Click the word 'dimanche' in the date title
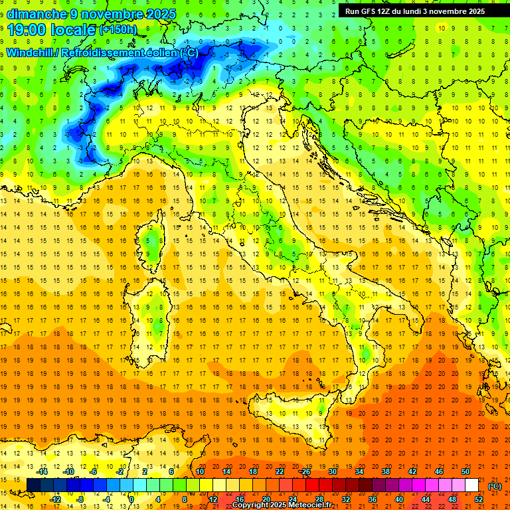(37, 13)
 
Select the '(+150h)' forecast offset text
(118, 30)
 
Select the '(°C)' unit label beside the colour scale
(495, 486)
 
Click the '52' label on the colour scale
(479, 499)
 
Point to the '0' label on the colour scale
(131, 499)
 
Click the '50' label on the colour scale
(466, 471)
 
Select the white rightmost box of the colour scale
(472, 485)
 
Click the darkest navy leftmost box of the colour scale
(33, 485)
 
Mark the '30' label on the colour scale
(333, 471)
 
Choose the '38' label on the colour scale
(386, 471)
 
